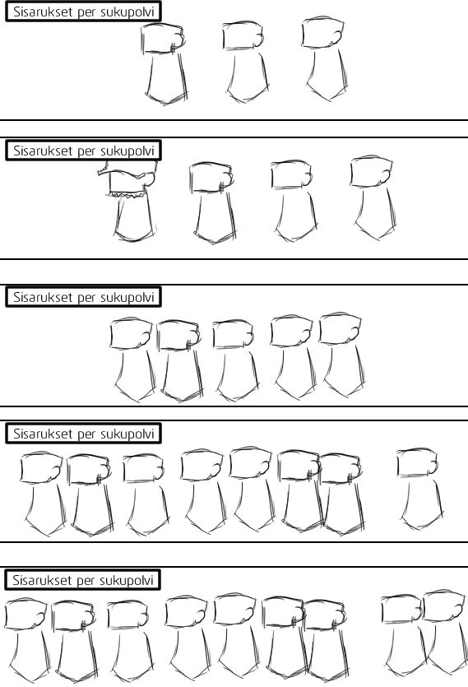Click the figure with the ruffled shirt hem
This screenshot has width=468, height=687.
click(x=128, y=201)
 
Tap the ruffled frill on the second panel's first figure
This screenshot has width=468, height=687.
click(x=127, y=193)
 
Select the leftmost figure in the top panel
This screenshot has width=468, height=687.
click(x=164, y=64)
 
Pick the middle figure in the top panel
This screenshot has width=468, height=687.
click(x=245, y=62)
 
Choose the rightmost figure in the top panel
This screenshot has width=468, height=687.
click(x=325, y=58)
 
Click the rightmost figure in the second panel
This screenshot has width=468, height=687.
click(x=373, y=197)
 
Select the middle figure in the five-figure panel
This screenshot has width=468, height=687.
click(x=235, y=360)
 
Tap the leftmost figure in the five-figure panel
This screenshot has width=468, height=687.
click(x=132, y=360)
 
